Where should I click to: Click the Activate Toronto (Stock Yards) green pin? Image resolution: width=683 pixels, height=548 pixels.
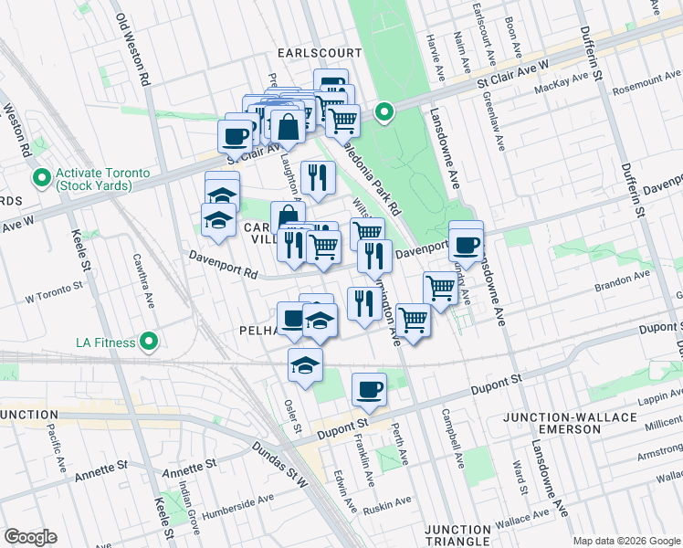pos(41,177)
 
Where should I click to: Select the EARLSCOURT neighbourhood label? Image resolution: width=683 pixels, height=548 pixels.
pos(317,53)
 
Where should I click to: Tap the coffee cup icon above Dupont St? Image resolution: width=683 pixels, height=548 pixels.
pos(369,390)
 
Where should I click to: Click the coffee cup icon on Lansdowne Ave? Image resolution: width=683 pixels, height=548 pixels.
pos(466,244)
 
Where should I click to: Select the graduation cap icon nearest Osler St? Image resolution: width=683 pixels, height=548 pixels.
pos(305,365)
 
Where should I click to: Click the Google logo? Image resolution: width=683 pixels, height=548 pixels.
pos(30,537)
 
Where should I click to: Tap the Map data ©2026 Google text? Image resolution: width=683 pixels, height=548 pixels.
pos(625,541)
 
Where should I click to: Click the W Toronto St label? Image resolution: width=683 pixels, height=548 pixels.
pos(54,296)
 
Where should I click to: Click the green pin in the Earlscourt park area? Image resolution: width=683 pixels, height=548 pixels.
pos(385,112)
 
